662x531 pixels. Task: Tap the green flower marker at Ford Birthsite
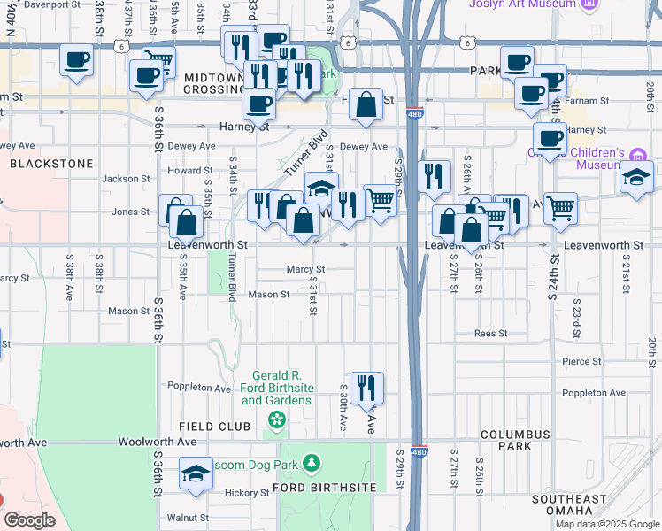[277, 419]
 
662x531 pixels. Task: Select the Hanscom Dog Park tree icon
[311, 463]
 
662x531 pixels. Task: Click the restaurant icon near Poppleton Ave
[366, 388]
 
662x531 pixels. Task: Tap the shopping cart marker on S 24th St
[560, 209]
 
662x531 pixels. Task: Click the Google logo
[29, 520]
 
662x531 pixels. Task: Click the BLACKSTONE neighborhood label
[50, 164]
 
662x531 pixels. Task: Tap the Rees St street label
[490, 334]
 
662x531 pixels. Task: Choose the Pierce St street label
[581, 361]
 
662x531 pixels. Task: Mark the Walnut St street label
[189, 518]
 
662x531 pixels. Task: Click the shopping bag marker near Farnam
[366, 105]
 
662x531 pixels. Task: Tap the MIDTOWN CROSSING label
[213, 84]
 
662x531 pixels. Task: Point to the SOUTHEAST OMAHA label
[569, 505]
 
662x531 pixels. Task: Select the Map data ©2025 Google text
[606, 524]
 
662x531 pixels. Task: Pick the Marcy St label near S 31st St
[306, 269]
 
